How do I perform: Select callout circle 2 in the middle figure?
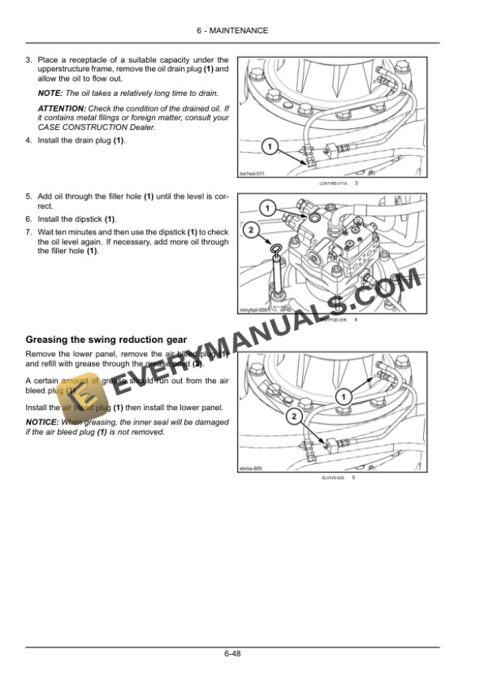point(251,230)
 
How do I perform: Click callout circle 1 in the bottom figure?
point(343,395)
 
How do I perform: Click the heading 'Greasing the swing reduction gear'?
point(100,340)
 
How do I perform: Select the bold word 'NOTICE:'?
point(43,422)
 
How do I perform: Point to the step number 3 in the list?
point(28,59)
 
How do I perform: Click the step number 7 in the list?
point(28,232)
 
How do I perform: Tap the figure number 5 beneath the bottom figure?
point(354,478)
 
